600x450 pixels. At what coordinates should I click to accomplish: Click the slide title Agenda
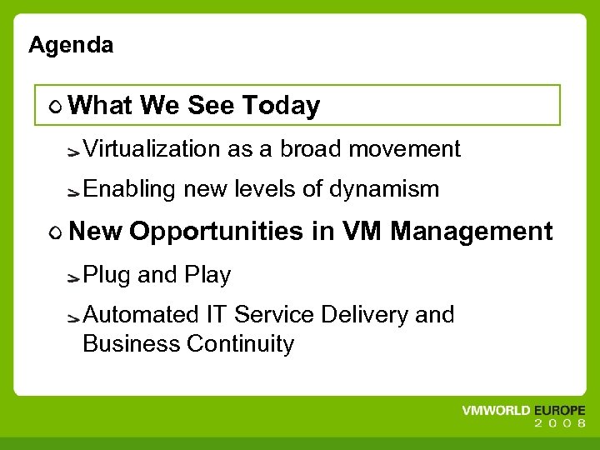pyautogui.click(x=71, y=45)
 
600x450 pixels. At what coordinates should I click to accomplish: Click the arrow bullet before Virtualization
pyautogui.click(x=73, y=152)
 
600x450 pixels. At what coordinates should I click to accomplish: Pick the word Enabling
pyautogui.click(x=129, y=190)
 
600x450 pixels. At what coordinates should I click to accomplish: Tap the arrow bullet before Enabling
pyautogui.click(x=73, y=192)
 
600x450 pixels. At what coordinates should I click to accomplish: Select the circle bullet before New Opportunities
pyautogui.click(x=54, y=232)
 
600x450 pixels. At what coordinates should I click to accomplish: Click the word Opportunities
pyautogui.click(x=217, y=232)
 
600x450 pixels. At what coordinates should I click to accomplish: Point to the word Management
pyautogui.click(x=471, y=231)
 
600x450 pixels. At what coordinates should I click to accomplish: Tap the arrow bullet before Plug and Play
pyautogui.click(x=73, y=277)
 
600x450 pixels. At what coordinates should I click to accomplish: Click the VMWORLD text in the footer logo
pyautogui.click(x=497, y=412)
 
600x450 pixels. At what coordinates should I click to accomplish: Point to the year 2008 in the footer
pyautogui.click(x=559, y=423)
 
